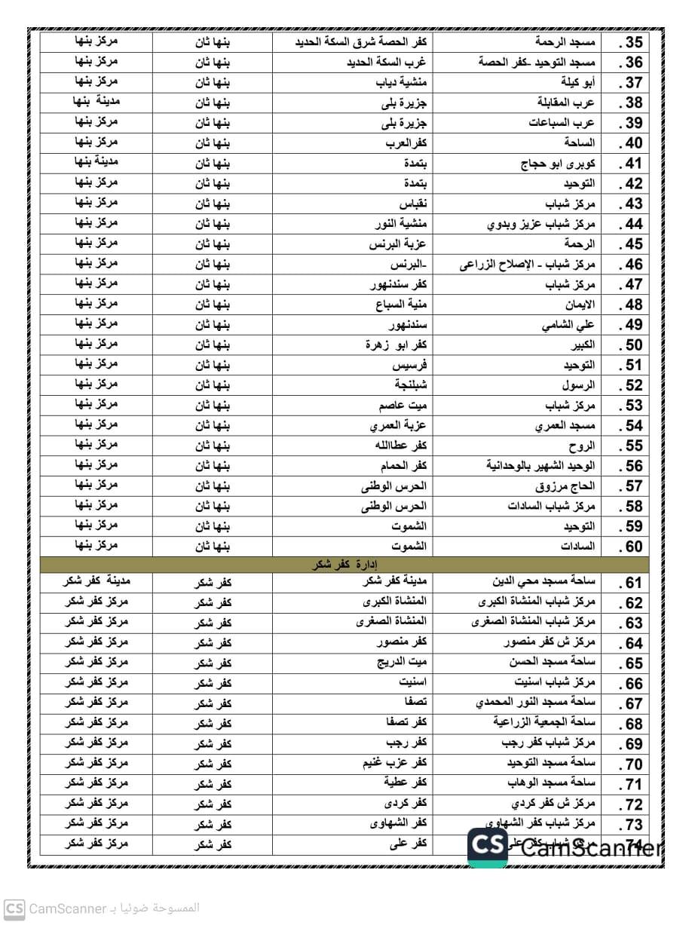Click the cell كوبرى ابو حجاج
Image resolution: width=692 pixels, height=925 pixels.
pyautogui.click(x=559, y=164)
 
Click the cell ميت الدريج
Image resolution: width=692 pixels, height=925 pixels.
pyautogui.click(x=402, y=663)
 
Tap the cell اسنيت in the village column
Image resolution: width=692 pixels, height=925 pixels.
pyautogui.click(x=412, y=683)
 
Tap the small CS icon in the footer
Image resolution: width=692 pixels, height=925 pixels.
pyautogui.click(x=14, y=909)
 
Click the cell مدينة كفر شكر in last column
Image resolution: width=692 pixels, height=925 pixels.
pyautogui.click(x=96, y=582)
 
